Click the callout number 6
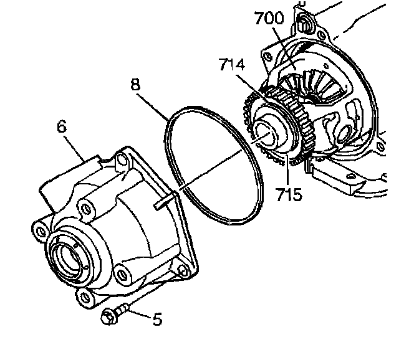pyautogui.click(x=61, y=127)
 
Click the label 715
pyautogui.click(x=289, y=194)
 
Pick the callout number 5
pyautogui.click(x=157, y=320)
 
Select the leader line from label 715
pyautogui.click(x=286, y=171)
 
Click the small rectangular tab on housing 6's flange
pyautogui.click(x=162, y=200)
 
